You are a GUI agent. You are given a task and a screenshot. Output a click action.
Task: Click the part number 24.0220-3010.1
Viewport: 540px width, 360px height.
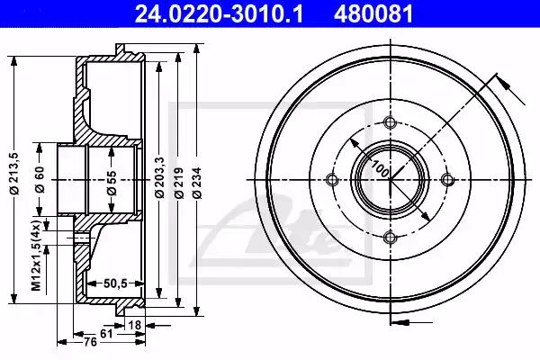coord(219,14)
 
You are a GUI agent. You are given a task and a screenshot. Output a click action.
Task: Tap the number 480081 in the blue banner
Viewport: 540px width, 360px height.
coord(373,14)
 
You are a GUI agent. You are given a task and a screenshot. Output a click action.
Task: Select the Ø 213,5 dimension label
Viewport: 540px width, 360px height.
coord(14,174)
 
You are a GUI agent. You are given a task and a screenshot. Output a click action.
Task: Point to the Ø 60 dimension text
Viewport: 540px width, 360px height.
coord(40,179)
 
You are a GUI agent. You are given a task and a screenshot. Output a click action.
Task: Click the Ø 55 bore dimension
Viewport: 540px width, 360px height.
coord(112,184)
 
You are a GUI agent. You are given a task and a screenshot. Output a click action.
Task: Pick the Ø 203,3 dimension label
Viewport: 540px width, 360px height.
coord(159,177)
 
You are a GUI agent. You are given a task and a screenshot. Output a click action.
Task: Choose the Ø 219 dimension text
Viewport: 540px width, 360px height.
coord(179,183)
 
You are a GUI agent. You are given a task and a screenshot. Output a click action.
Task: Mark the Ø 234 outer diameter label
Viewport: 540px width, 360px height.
coord(197,183)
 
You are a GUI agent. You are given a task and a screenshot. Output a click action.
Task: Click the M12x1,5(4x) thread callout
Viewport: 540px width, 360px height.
coord(36,255)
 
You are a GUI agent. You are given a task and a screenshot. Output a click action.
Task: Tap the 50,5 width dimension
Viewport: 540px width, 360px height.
coord(115,283)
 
